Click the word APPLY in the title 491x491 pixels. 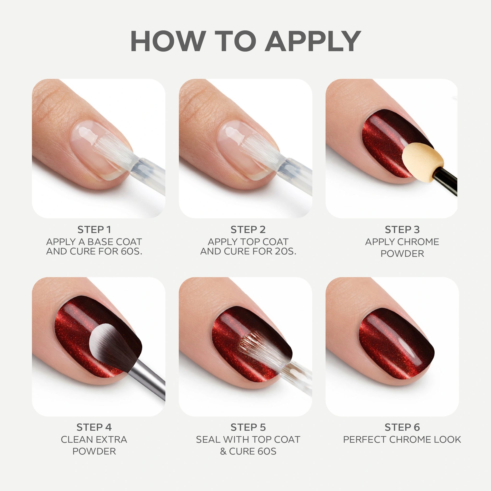(x=313, y=41)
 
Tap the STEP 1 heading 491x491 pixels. (x=94, y=230)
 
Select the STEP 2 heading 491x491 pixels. (x=248, y=230)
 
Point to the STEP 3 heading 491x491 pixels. (x=402, y=230)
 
